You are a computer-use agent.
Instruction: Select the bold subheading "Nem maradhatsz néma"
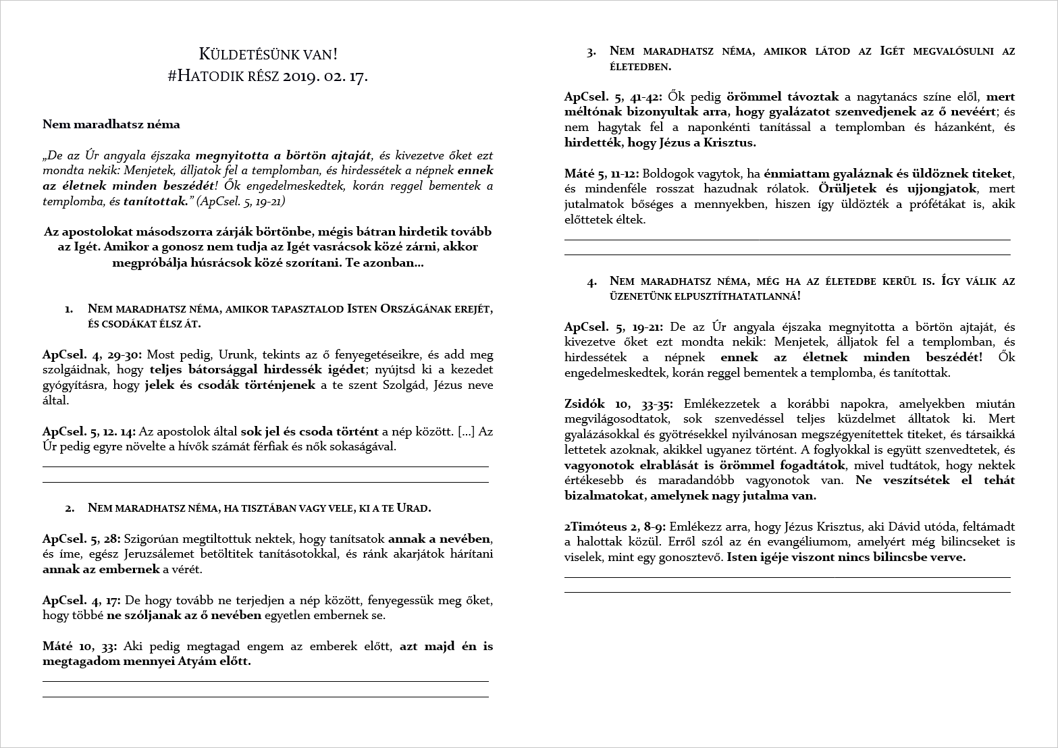pyautogui.click(x=111, y=124)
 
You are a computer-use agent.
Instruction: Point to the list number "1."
pyautogui.click(x=69, y=309)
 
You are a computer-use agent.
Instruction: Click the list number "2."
pyautogui.click(x=69, y=508)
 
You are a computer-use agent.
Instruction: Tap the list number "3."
pyautogui.click(x=591, y=51)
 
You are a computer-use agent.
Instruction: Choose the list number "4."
pyautogui.click(x=591, y=282)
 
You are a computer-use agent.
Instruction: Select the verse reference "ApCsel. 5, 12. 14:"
pyautogui.click(x=89, y=431)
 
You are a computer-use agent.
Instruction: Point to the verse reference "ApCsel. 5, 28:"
pyautogui.click(x=82, y=539)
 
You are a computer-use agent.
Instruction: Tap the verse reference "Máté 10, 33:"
pyautogui.click(x=80, y=646)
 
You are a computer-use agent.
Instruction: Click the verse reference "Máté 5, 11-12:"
pyautogui.click(x=602, y=173)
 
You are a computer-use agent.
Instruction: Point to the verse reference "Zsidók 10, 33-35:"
pyautogui.click(x=618, y=404)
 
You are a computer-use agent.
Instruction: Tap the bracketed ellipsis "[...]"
pyautogui.click(x=467, y=431)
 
